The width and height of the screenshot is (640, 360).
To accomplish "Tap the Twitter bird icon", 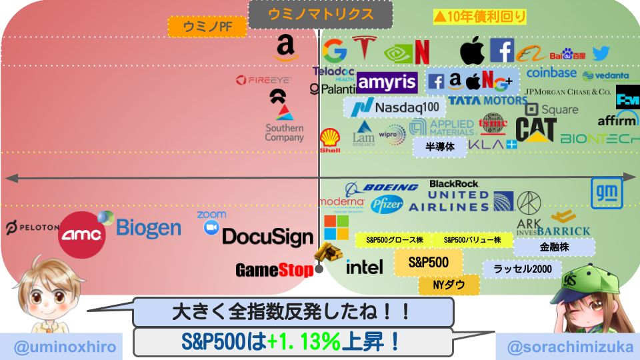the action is point(601,53).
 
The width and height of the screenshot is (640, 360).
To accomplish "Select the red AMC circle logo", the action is point(81,234).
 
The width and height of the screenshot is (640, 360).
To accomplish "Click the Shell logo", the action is point(329,141).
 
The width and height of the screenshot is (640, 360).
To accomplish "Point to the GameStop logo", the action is point(274,270).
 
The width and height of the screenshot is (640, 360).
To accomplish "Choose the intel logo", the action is point(365,267).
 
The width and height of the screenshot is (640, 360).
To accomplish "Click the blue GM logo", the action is point(607,193).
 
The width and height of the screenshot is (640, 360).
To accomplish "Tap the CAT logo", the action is point(535,129).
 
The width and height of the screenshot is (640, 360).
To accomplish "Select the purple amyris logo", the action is point(387,83).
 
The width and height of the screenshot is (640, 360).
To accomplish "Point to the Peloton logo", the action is point(31,228).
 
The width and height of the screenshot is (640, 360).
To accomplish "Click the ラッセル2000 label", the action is point(522,269).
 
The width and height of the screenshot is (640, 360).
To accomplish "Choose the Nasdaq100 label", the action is point(395,107).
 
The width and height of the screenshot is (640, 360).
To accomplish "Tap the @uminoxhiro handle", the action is point(61,347).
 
